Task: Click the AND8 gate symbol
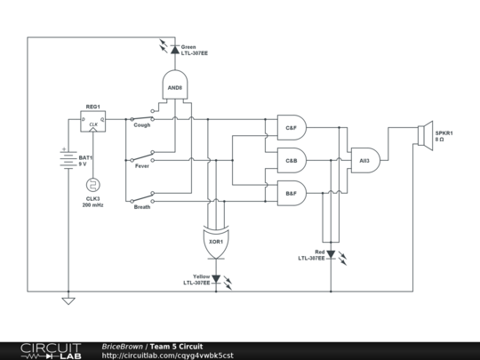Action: (x=174, y=87)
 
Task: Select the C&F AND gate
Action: (x=292, y=128)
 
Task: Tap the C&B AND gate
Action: (x=292, y=161)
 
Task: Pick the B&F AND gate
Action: (x=292, y=192)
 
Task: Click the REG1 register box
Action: (x=92, y=123)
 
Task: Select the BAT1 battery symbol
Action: (x=65, y=161)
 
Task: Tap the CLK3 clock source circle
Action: (x=92, y=186)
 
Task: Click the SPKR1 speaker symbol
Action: (x=424, y=133)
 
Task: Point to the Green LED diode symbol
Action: (x=174, y=50)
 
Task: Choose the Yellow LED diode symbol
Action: (x=215, y=278)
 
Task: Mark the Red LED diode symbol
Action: (x=331, y=254)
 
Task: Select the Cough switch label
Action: (x=142, y=125)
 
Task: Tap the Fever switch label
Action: (x=142, y=165)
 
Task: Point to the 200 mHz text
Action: (x=92, y=205)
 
